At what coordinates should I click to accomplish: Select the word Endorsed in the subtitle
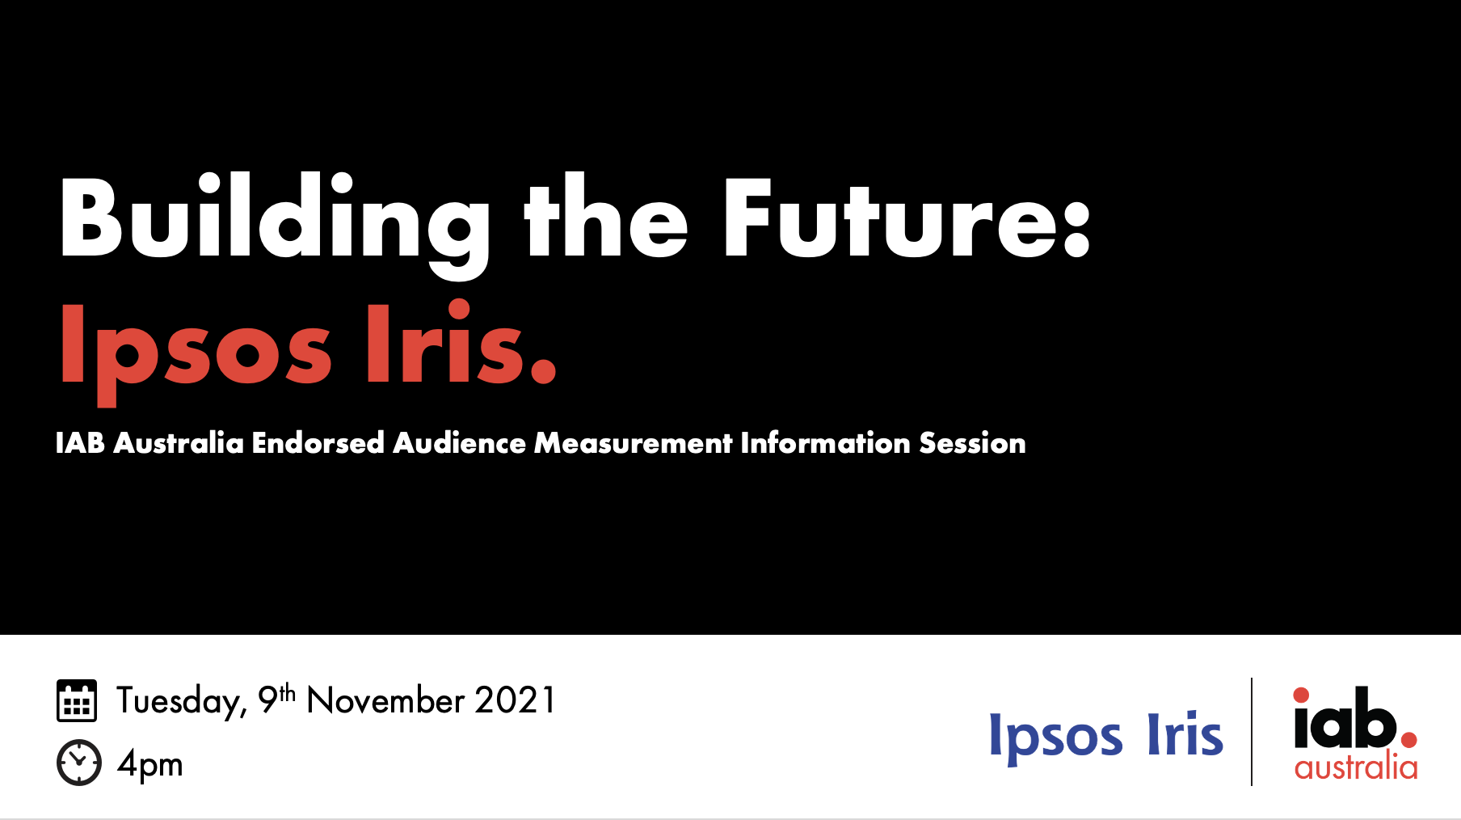[x=318, y=443]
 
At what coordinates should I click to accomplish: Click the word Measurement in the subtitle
[x=634, y=443]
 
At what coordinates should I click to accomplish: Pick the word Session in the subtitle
[x=972, y=443]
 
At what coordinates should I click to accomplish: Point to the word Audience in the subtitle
[x=459, y=443]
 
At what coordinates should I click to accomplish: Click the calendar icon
[x=77, y=700]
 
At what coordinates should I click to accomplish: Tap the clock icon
[x=79, y=762]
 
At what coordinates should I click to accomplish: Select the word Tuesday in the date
[x=182, y=701]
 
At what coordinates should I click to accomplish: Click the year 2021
[x=515, y=700]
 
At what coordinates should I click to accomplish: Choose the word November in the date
[x=385, y=700]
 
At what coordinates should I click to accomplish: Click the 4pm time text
[x=149, y=764]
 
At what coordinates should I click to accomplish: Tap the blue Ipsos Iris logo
[x=1106, y=737]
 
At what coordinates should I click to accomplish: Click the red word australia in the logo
[x=1356, y=766]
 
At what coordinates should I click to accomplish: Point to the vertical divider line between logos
[x=1252, y=732]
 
